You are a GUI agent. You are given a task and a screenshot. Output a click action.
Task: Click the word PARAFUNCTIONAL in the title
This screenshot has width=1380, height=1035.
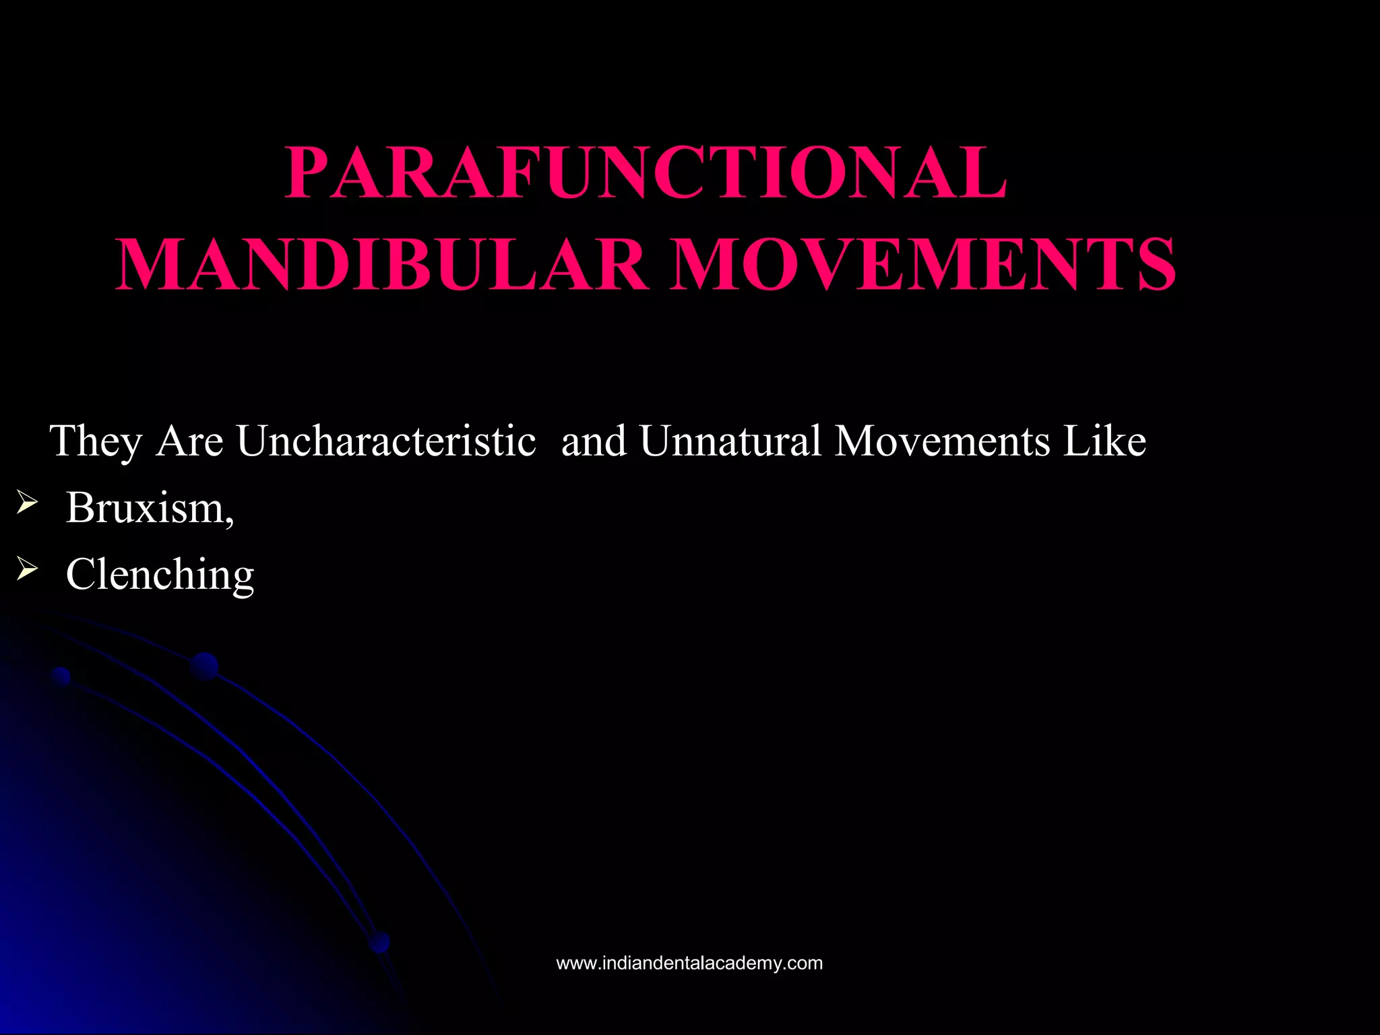click(x=646, y=173)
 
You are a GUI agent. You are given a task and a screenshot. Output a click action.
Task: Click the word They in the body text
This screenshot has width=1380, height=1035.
click(x=96, y=442)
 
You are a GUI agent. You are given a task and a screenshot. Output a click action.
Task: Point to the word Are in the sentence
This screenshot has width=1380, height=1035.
click(x=189, y=442)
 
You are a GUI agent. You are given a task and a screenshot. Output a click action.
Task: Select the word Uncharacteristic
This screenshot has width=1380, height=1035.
click(x=386, y=442)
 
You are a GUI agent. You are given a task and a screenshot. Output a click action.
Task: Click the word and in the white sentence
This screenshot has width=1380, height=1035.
click(x=594, y=442)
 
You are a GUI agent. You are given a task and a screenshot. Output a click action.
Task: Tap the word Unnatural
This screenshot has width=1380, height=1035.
click(x=730, y=442)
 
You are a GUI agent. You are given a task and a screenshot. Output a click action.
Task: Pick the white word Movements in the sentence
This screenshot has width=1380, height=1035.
click(x=942, y=442)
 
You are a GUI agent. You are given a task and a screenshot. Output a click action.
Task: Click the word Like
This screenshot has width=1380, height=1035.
click(x=1104, y=442)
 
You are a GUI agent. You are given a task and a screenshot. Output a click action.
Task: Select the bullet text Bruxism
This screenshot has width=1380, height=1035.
click(x=146, y=507)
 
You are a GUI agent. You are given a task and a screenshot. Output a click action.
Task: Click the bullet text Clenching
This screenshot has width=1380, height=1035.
click(x=160, y=575)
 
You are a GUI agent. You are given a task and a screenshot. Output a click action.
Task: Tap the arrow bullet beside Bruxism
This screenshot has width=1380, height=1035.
click(x=26, y=503)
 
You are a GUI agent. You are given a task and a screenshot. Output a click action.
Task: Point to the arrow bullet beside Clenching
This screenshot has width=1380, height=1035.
click(x=26, y=570)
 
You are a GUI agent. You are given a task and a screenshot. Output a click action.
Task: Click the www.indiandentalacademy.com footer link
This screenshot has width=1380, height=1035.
click(x=689, y=963)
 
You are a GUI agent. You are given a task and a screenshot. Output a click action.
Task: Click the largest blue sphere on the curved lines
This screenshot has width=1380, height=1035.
click(x=204, y=666)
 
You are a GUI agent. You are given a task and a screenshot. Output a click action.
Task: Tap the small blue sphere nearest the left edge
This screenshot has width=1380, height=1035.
click(x=61, y=676)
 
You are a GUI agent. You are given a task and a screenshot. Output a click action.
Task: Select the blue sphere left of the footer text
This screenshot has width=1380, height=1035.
click(x=380, y=942)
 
